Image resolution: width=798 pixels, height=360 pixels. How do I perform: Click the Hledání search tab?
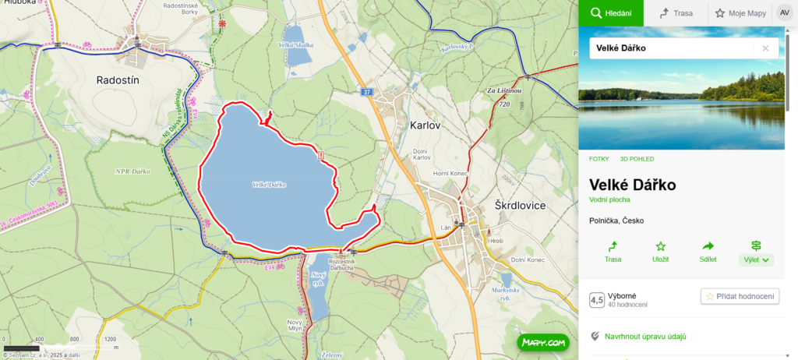(610, 12)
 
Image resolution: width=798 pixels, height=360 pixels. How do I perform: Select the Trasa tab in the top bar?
(676, 12)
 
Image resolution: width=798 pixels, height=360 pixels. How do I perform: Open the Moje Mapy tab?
(740, 12)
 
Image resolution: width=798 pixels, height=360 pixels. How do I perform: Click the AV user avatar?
(784, 12)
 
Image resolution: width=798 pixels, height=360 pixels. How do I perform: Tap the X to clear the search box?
(765, 48)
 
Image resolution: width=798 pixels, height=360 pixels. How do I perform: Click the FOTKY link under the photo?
(599, 159)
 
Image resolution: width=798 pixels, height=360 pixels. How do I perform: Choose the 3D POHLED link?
(637, 159)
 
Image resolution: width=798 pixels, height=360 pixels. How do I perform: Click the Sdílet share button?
(708, 251)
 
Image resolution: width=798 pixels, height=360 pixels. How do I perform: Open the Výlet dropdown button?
(756, 251)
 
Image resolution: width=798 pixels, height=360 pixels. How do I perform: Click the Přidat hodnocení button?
(740, 296)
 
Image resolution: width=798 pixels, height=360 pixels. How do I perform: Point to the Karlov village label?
(426, 125)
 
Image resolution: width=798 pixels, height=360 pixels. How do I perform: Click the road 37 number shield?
(366, 92)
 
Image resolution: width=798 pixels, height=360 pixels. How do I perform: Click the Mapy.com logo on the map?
(542, 341)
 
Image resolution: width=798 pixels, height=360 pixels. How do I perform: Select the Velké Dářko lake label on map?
(270, 185)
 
